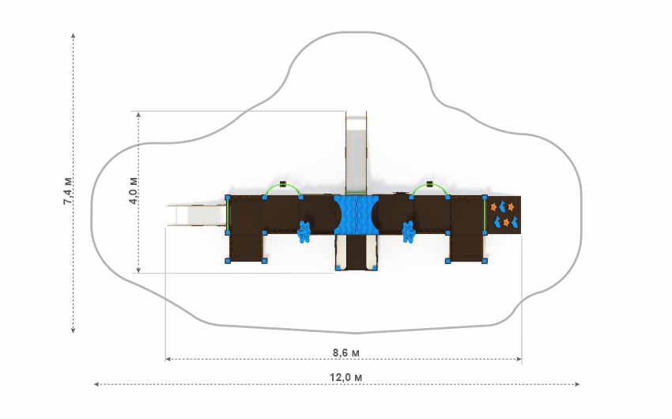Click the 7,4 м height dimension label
68,192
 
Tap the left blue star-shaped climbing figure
304,232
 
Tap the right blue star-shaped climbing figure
409,232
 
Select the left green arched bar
282,188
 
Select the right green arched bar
429,188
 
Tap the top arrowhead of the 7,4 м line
74,36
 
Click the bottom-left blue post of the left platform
228,261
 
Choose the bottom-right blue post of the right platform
485,261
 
